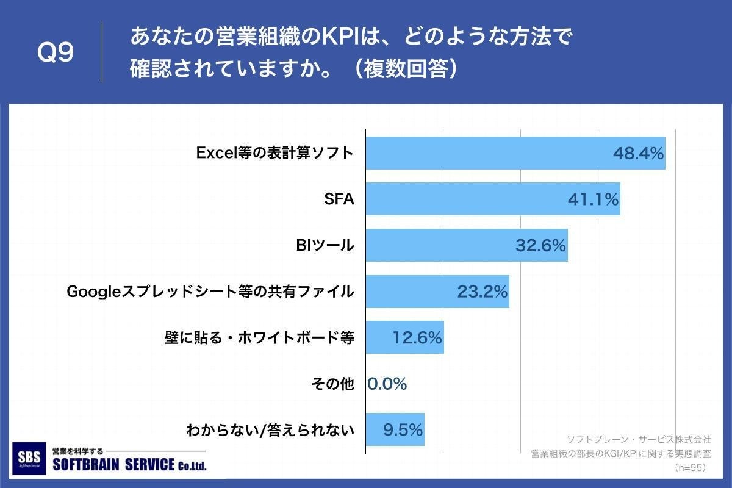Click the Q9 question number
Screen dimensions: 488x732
tap(56, 52)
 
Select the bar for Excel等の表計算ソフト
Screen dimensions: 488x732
tap(488, 153)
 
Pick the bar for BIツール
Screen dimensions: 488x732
tap(439, 245)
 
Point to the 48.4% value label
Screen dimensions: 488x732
tap(638, 154)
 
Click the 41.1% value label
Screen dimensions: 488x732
tap(594, 199)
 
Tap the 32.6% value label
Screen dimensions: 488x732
tap(541, 246)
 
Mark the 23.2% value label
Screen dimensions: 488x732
tap(483, 292)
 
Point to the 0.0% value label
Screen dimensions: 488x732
tap(387, 384)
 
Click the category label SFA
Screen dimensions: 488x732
tap(340, 199)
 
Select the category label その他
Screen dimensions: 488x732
tap(332, 384)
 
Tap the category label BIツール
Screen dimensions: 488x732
tap(324, 246)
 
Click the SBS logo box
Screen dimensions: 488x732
tap(29, 458)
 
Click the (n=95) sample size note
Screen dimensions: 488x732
tap(690, 468)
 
